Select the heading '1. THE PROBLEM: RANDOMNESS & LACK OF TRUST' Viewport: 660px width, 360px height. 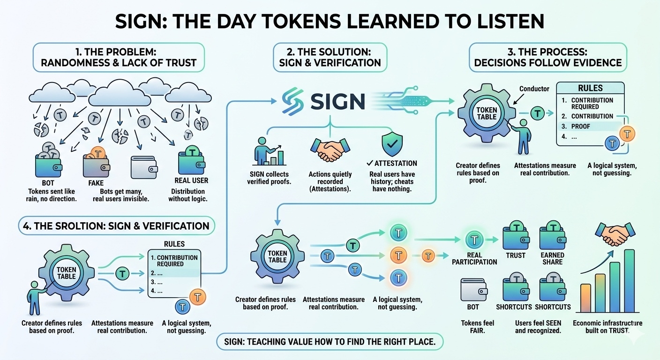[x=119, y=57]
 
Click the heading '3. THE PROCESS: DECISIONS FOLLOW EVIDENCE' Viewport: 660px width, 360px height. [x=547, y=57]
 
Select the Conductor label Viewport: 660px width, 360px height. [x=534, y=89]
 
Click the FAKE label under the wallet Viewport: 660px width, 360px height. [x=96, y=183]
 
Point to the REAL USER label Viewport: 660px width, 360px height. [x=191, y=180]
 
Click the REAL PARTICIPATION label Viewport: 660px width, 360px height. [x=474, y=259]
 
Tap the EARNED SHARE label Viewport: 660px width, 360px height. [x=553, y=259]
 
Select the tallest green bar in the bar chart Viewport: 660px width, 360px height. [x=629, y=281]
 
